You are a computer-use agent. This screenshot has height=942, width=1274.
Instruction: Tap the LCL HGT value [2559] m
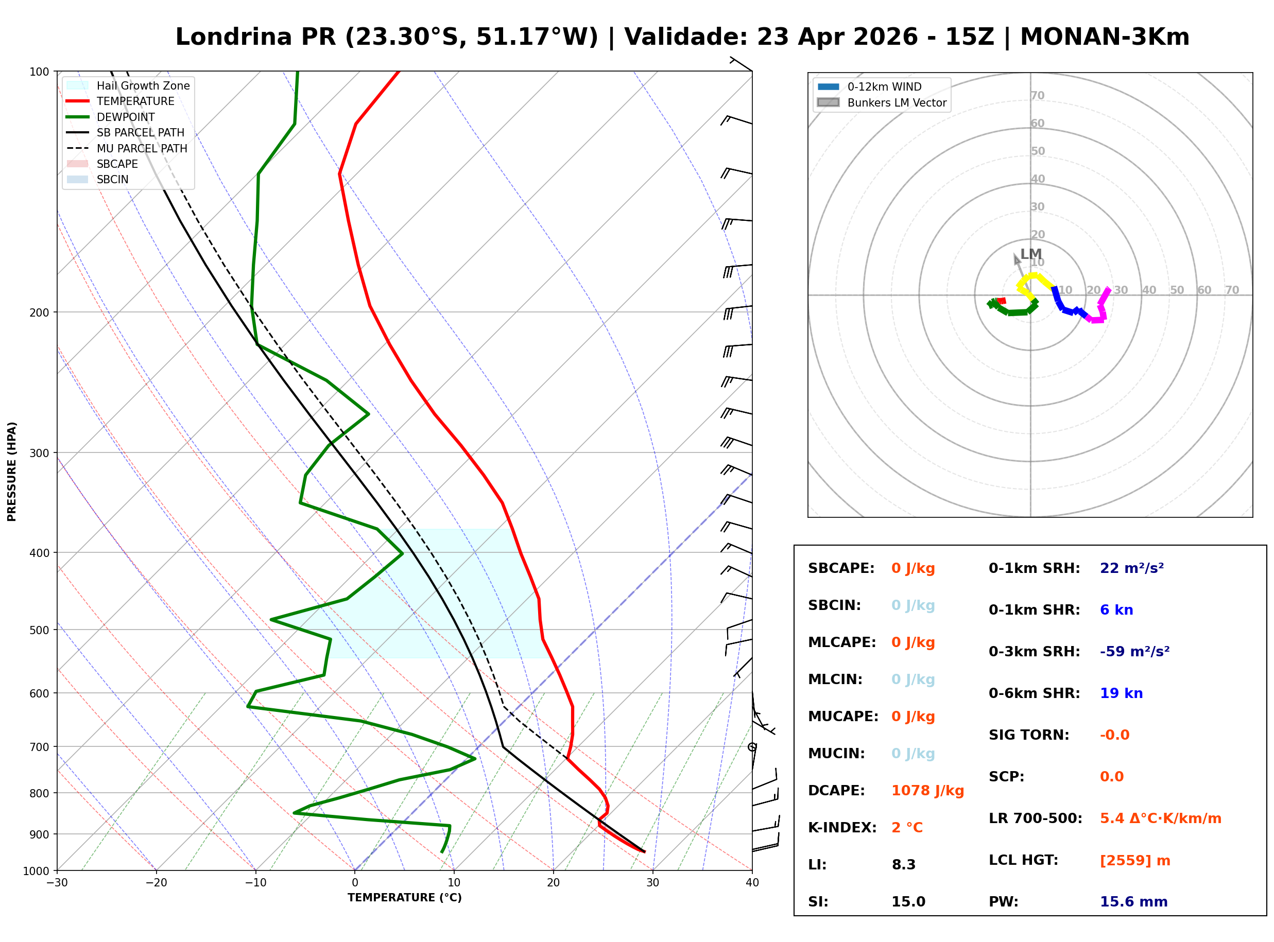coord(1135,861)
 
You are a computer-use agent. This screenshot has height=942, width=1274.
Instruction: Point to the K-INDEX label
coord(842,828)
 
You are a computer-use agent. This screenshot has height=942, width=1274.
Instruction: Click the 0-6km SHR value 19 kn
coord(1121,693)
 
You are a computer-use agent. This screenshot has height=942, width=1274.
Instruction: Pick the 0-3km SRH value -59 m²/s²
coord(1134,652)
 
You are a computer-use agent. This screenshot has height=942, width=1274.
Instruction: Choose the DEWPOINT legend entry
coord(126,117)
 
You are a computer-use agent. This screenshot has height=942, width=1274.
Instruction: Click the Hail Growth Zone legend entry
coord(143,85)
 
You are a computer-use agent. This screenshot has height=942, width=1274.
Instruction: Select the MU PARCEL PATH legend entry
coord(142,148)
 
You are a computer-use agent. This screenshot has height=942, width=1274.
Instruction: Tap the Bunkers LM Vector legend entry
coord(897,102)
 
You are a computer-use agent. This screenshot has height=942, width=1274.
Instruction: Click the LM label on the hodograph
coord(1030,254)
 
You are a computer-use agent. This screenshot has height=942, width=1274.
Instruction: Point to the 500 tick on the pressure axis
coord(39,630)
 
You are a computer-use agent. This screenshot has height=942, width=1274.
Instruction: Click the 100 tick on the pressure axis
coord(39,72)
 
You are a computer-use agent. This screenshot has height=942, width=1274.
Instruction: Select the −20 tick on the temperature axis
coord(156,883)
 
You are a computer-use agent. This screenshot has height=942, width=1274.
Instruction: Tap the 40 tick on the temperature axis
coord(752,883)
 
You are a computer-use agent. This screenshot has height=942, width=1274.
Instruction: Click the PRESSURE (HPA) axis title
coord(12,472)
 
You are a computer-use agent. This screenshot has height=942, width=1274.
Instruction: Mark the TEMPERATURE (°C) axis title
coord(404,898)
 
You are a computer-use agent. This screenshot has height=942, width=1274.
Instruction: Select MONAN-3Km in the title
coord(1104,37)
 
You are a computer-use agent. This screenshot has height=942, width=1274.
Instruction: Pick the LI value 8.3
coord(903,865)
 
